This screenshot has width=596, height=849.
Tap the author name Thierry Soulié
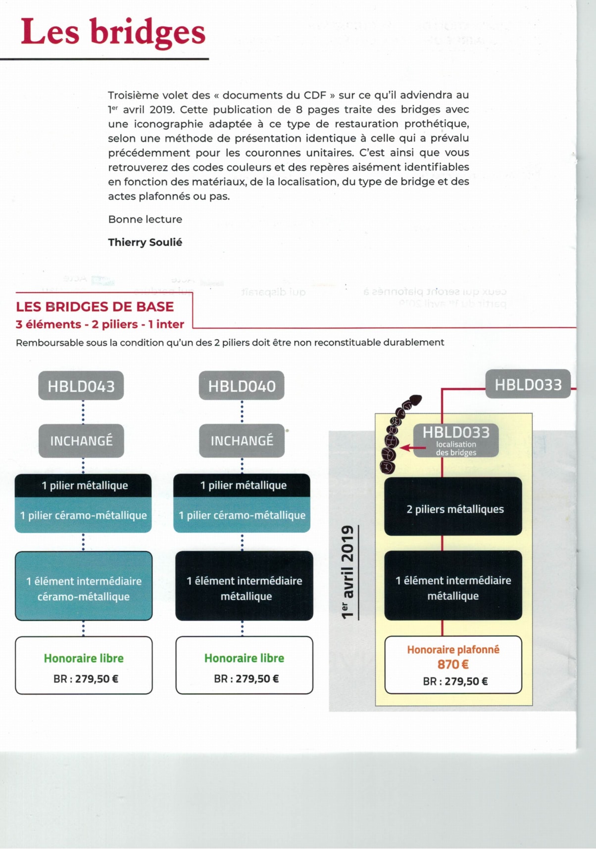click(145, 242)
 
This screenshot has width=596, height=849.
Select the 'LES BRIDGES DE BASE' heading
click(95, 307)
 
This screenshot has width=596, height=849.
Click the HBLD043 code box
click(81, 386)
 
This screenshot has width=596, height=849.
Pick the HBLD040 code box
click(242, 386)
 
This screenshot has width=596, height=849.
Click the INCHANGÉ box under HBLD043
click(81, 441)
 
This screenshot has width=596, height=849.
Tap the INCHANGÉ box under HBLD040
click(242, 441)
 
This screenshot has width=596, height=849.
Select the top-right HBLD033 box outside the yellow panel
click(528, 384)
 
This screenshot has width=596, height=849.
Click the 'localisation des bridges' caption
click(456, 448)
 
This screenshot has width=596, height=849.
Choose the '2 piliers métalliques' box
click(453, 509)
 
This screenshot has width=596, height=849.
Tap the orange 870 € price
click(452, 665)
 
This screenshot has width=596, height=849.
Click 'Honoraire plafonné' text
click(453, 650)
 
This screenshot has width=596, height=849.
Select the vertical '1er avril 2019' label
click(348, 572)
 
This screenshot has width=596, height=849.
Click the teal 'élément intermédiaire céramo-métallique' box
click(84, 588)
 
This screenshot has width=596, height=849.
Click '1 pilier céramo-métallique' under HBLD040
click(242, 515)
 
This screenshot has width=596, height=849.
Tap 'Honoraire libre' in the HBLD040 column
click(244, 658)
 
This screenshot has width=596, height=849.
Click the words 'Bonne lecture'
click(145, 219)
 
